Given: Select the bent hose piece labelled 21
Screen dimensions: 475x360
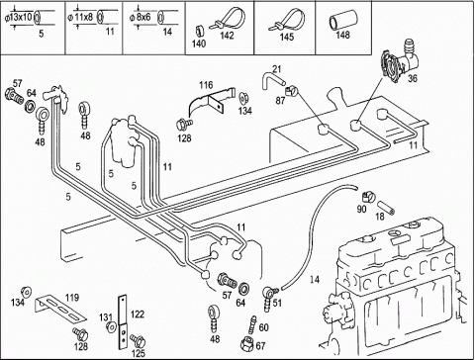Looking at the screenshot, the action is tap(272, 81).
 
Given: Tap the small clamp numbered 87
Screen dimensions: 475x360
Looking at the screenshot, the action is tap(291, 90).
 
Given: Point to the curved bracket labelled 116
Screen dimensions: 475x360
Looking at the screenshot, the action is tap(211, 101).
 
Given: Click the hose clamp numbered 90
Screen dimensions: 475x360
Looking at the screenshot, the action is tap(369, 197).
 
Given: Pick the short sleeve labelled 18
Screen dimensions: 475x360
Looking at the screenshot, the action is tap(386, 207).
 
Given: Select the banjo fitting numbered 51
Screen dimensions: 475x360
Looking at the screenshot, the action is tap(270, 298).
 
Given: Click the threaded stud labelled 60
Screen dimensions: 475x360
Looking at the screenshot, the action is tap(252, 324).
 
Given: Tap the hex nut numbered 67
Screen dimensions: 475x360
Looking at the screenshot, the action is tap(247, 343).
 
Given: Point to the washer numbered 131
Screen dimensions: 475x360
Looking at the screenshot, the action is tap(111, 327).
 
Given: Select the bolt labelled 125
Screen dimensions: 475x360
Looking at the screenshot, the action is tap(137, 339).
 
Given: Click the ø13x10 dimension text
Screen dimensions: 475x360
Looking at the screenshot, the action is tap(18, 18).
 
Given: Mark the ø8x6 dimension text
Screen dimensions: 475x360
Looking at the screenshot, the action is tap(140, 17).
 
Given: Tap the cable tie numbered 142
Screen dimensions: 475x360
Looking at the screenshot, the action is tap(229, 19).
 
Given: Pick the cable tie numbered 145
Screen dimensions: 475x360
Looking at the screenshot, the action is tap(288, 21).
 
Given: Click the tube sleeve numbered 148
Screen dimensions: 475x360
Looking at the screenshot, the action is tap(342, 20).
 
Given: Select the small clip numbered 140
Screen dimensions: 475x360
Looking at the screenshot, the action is tap(198, 32).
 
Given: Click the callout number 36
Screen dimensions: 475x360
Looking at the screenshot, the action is tap(413, 78).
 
